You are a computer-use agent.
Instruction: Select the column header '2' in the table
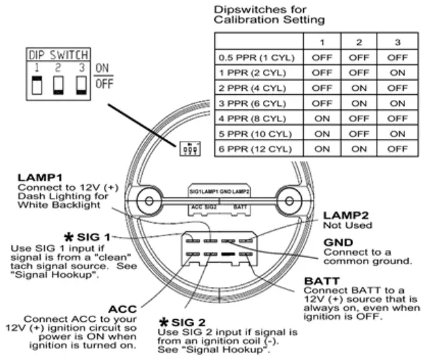pyautogui.click(x=359, y=42)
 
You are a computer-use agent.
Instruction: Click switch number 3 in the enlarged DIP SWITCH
pyautogui.click(x=82, y=85)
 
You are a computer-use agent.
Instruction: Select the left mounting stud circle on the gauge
pyautogui.click(x=149, y=201)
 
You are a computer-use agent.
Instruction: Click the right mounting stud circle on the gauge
pyautogui.click(x=289, y=201)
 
